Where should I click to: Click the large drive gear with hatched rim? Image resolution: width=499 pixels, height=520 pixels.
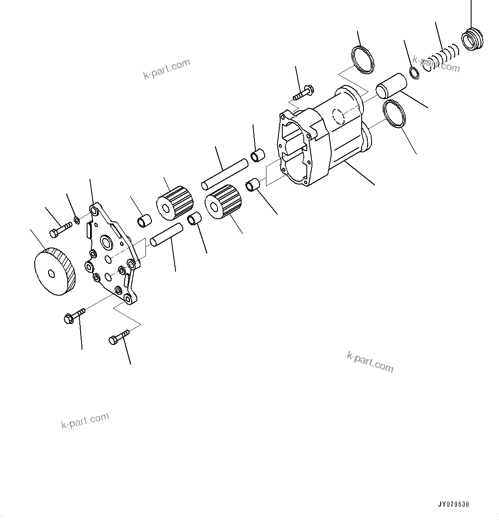55,272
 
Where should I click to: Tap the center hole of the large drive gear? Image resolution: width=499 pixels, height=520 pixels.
51,273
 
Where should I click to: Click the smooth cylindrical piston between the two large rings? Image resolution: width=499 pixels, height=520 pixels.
390,86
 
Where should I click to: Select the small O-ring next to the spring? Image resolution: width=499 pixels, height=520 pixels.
415,73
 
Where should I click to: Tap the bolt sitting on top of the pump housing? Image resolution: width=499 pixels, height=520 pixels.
304,92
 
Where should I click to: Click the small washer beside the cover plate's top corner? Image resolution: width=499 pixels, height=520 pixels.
77,221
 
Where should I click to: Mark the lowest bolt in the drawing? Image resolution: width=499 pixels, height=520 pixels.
118,336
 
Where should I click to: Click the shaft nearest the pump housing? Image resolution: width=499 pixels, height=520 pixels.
224,174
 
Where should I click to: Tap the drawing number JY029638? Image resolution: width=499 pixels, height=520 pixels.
454,505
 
